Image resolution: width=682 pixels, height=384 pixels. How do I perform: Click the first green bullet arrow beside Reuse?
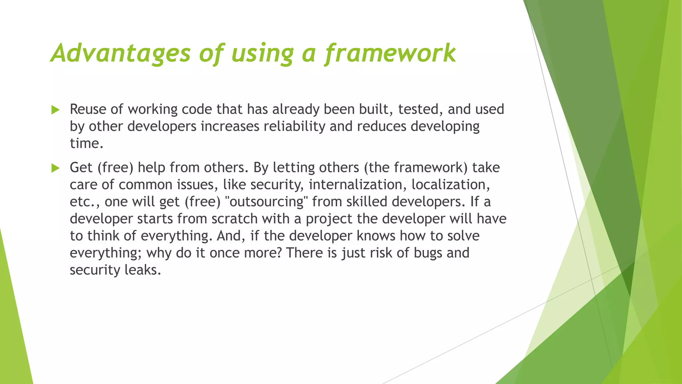(x=56, y=110)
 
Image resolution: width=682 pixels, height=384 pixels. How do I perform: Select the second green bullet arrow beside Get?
(x=56, y=168)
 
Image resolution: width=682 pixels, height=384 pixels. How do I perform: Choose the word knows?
(x=376, y=236)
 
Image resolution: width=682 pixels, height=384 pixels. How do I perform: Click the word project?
(x=329, y=219)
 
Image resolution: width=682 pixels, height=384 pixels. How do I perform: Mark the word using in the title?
(x=263, y=53)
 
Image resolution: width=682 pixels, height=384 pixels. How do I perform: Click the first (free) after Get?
(x=115, y=168)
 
